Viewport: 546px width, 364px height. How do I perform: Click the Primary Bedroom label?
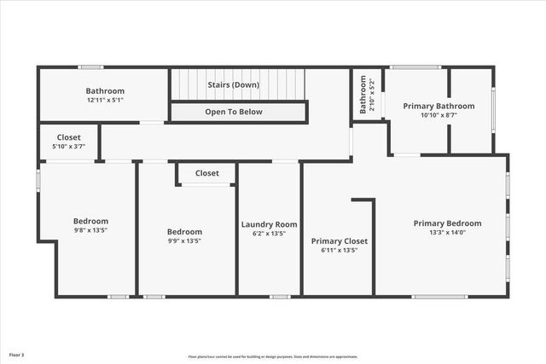tap(447, 223)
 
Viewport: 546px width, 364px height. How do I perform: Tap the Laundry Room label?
tap(269, 224)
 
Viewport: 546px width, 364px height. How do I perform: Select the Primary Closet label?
tap(339, 241)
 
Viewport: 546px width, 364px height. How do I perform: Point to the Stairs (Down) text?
tap(234, 85)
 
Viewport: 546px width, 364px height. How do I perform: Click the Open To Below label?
tap(234, 112)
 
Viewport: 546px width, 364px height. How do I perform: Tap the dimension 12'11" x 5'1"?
tap(105, 101)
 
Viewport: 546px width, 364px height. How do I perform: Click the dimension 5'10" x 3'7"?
tap(69, 147)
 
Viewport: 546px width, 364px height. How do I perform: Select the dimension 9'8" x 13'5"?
tap(90, 229)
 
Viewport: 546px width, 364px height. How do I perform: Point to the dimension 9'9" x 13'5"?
tap(184, 240)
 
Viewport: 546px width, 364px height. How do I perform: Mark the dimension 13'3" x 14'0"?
tap(447, 233)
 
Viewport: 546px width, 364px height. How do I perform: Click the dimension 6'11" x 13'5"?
tap(339, 250)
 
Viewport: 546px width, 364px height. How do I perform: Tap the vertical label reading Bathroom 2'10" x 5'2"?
tap(365, 95)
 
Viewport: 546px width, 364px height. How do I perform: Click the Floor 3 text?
tap(17, 354)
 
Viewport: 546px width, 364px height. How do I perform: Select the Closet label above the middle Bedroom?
tap(207, 173)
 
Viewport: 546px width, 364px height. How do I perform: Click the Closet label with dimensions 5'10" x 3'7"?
tap(69, 137)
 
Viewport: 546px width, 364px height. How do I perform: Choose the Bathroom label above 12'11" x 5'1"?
tap(105, 91)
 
